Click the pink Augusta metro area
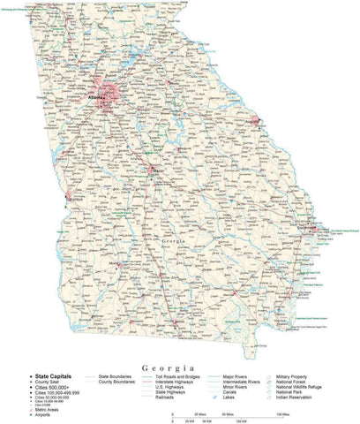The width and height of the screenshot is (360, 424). [255, 118]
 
